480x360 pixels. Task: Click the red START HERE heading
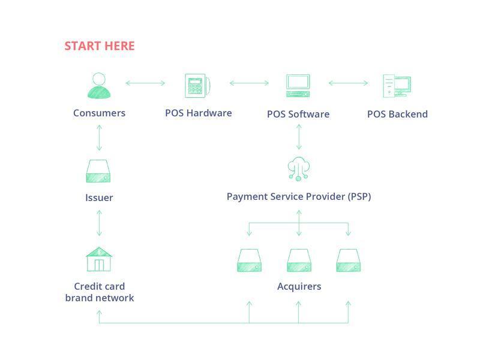[100, 46]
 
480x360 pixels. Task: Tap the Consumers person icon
[99, 86]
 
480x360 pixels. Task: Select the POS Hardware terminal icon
[197, 86]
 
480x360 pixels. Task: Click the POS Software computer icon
[298, 86]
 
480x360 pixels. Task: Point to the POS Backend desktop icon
[397, 86]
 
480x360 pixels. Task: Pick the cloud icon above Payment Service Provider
[298, 169]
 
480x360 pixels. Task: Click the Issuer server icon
[98, 171]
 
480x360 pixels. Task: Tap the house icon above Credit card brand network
[99, 259]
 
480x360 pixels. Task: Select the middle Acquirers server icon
[299, 260]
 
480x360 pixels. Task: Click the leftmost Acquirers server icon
[249, 260]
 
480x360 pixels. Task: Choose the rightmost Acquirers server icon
[349, 260]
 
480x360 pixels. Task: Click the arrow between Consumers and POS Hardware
[145, 83]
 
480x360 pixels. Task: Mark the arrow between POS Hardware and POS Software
[249, 83]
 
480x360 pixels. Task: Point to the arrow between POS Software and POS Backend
[349, 83]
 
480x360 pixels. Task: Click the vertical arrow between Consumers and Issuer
[99, 138]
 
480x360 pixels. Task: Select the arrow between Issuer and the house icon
[99, 223]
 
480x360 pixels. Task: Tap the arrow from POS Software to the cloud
[299, 137]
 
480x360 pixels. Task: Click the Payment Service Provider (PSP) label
[299, 197]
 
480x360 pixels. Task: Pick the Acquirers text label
[299, 286]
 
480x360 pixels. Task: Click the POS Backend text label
[397, 114]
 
